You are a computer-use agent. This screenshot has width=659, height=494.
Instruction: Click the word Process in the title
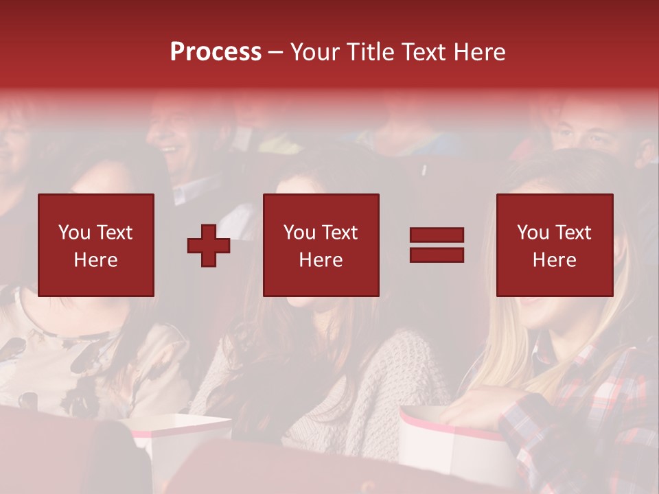click(x=216, y=52)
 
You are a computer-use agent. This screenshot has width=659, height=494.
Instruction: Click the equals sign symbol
click(x=437, y=245)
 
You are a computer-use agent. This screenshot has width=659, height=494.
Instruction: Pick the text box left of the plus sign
click(x=96, y=245)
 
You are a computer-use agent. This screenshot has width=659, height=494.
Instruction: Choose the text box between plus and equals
click(x=321, y=245)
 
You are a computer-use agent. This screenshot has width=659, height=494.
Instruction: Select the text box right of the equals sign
click(x=555, y=245)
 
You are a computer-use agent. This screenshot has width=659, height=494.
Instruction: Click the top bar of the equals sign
click(x=437, y=235)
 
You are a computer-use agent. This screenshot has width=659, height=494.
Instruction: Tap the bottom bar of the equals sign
click(x=437, y=255)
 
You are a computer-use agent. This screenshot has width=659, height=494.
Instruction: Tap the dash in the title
click(x=275, y=52)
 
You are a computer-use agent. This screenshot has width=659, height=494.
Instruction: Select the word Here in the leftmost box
click(x=96, y=259)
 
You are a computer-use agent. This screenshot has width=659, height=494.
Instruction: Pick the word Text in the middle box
click(x=340, y=233)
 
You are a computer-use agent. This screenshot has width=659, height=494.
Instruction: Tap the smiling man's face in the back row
click(x=175, y=130)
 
